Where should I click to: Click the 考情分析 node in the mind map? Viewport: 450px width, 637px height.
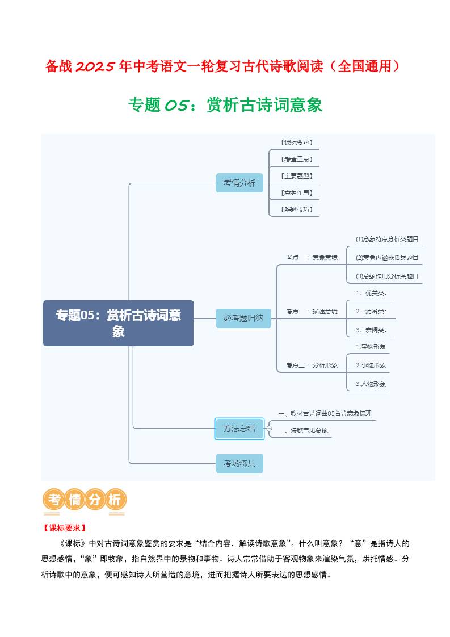tap(239, 183)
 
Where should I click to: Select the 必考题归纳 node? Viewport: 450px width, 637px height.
tap(243, 318)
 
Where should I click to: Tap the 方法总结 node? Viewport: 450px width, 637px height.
tap(239, 428)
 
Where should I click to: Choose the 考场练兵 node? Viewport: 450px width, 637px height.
tap(239, 463)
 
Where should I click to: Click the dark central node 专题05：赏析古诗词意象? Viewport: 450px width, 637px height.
tap(118, 323)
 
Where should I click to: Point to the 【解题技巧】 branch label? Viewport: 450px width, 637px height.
tap(297, 209)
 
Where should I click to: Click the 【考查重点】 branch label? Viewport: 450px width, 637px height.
tap(297, 159)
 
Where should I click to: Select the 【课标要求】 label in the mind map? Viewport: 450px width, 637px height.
tap(297, 142)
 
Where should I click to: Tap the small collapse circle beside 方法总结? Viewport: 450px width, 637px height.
tap(269, 429)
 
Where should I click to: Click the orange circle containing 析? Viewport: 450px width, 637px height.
tap(114, 500)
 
